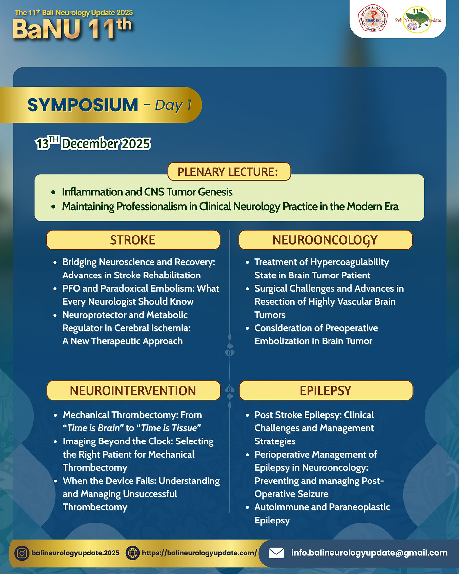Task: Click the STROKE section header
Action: coord(133,240)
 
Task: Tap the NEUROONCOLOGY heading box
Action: coord(325,240)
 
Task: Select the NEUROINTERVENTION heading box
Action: coord(133,390)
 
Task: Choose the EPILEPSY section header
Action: coord(326,390)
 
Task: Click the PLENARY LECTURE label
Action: coord(229,172)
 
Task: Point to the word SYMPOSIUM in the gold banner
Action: coord(83,105)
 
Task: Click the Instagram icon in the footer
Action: coord(22,553)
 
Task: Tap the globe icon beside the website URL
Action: coord(132,553)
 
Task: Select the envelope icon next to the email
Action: coord(276,553)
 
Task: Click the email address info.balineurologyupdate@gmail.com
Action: coord(369,553)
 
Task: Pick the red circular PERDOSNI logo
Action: coord(373,18)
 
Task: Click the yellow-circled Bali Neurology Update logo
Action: coord(418,20)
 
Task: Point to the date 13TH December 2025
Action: coord(93,143)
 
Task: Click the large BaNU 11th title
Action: coord(72,29)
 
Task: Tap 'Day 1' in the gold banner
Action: coord(173,105)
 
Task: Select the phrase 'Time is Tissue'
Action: coord(169,428)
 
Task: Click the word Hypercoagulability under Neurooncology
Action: coord(349,262)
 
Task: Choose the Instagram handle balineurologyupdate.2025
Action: coord(75,553)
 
